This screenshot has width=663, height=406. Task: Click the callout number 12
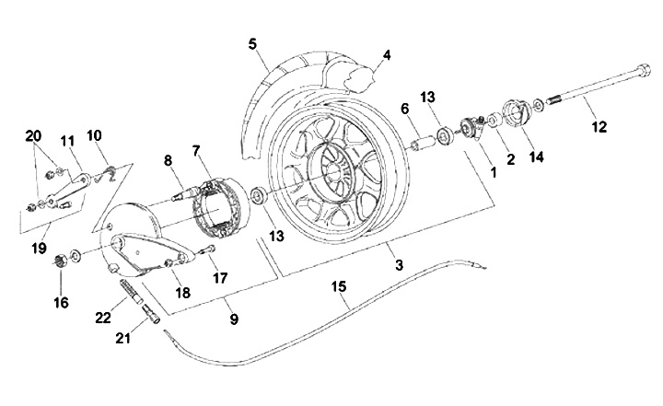599,126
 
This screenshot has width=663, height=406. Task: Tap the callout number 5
252,44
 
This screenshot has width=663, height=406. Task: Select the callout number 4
387,55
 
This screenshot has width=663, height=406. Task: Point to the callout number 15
339,286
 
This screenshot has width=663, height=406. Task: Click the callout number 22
103,318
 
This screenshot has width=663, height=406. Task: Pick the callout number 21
123,338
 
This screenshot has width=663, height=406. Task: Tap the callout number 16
61,302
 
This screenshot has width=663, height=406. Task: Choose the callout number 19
39,249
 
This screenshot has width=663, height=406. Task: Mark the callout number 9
234,319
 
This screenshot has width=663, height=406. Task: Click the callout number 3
399,265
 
